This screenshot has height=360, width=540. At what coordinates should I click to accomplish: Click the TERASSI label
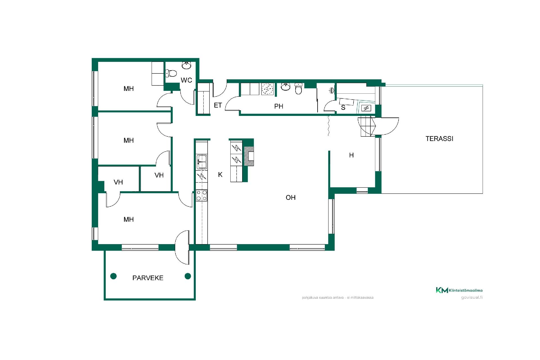point(439,139)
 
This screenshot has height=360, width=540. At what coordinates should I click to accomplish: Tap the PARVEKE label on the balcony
point(148,278)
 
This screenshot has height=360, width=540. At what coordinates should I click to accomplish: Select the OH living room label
point(291,197)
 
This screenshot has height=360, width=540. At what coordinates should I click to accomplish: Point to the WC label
point(186,80)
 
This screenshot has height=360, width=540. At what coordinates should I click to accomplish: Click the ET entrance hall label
point(218,105)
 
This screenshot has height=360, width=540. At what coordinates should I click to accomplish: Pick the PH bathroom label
point(279,106)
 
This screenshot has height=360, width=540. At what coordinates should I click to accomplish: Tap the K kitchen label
point(220,175)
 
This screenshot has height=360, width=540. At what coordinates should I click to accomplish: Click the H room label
point(351,155)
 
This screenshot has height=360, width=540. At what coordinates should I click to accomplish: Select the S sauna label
point(343,108)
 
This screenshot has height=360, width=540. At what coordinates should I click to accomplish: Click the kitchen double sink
point(202,162)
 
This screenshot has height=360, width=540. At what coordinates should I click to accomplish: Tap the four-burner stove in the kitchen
point(202,195)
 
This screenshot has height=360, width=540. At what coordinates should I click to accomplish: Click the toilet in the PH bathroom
point(298,89)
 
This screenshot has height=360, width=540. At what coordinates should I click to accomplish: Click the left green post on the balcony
point(113,276)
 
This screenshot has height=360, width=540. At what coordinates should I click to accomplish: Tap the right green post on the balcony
point(188,276)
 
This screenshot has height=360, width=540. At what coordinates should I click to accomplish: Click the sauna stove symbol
point(366,108)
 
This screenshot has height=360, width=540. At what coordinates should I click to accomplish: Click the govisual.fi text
point(472,297)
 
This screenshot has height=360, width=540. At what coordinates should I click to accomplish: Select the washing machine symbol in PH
point(267,89)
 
